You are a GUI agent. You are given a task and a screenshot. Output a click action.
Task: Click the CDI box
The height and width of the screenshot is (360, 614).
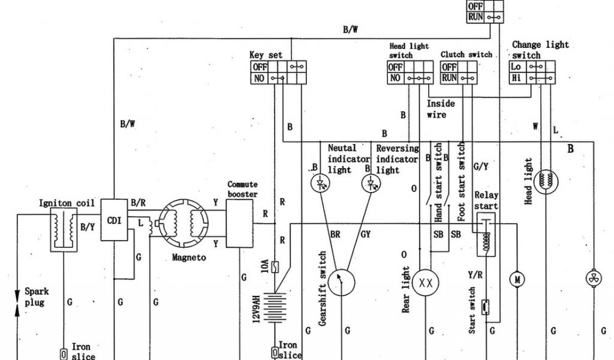(x=114, y=221)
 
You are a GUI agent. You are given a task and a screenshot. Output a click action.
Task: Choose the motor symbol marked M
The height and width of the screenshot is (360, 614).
(x=516, y=279)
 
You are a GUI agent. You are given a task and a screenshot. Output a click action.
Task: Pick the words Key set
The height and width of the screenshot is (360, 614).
(x=266, y=55)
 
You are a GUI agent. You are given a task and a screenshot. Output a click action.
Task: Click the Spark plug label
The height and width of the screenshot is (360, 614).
(x=36, y=297)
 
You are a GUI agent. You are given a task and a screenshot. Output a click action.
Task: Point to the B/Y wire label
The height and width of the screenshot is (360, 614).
(x=88, y=227)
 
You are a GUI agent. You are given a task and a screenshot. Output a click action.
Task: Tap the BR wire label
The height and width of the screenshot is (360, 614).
(x=335, y=235)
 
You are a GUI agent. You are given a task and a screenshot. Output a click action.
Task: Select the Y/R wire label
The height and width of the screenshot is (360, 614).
(x=475, y=275)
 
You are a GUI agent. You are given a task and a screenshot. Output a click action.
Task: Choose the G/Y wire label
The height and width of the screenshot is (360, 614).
(x=481, y=165)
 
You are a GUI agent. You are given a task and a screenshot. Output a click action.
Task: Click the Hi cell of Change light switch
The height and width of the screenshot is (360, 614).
(x=516, y=78)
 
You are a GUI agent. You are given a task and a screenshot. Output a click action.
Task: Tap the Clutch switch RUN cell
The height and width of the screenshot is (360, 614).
(x=449, y=78)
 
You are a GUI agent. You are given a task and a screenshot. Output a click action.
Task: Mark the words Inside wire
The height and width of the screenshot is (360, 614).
(x=441, y=109)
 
